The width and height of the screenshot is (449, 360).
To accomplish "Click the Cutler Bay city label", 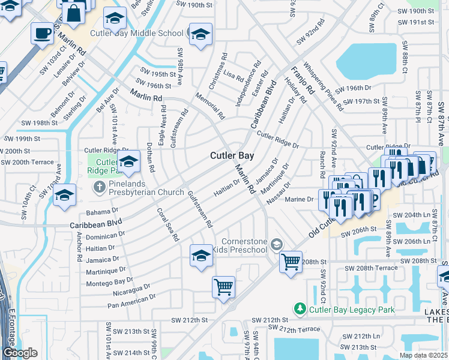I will (x=232, y=155).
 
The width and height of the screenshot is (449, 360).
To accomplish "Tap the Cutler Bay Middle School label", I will (x=136, y=34).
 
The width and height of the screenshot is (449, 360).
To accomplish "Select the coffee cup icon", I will (x=42, y=34).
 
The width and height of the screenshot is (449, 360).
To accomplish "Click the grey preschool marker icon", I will (x=276, y=244).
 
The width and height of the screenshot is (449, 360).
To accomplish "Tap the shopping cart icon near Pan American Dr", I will (x=223, y=287).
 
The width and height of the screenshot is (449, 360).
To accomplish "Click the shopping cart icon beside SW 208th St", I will (x=291, y=262).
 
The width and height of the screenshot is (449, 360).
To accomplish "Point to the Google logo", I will (x=20, y=353).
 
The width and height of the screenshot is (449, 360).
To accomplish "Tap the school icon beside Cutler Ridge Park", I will (x=128, y=161).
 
